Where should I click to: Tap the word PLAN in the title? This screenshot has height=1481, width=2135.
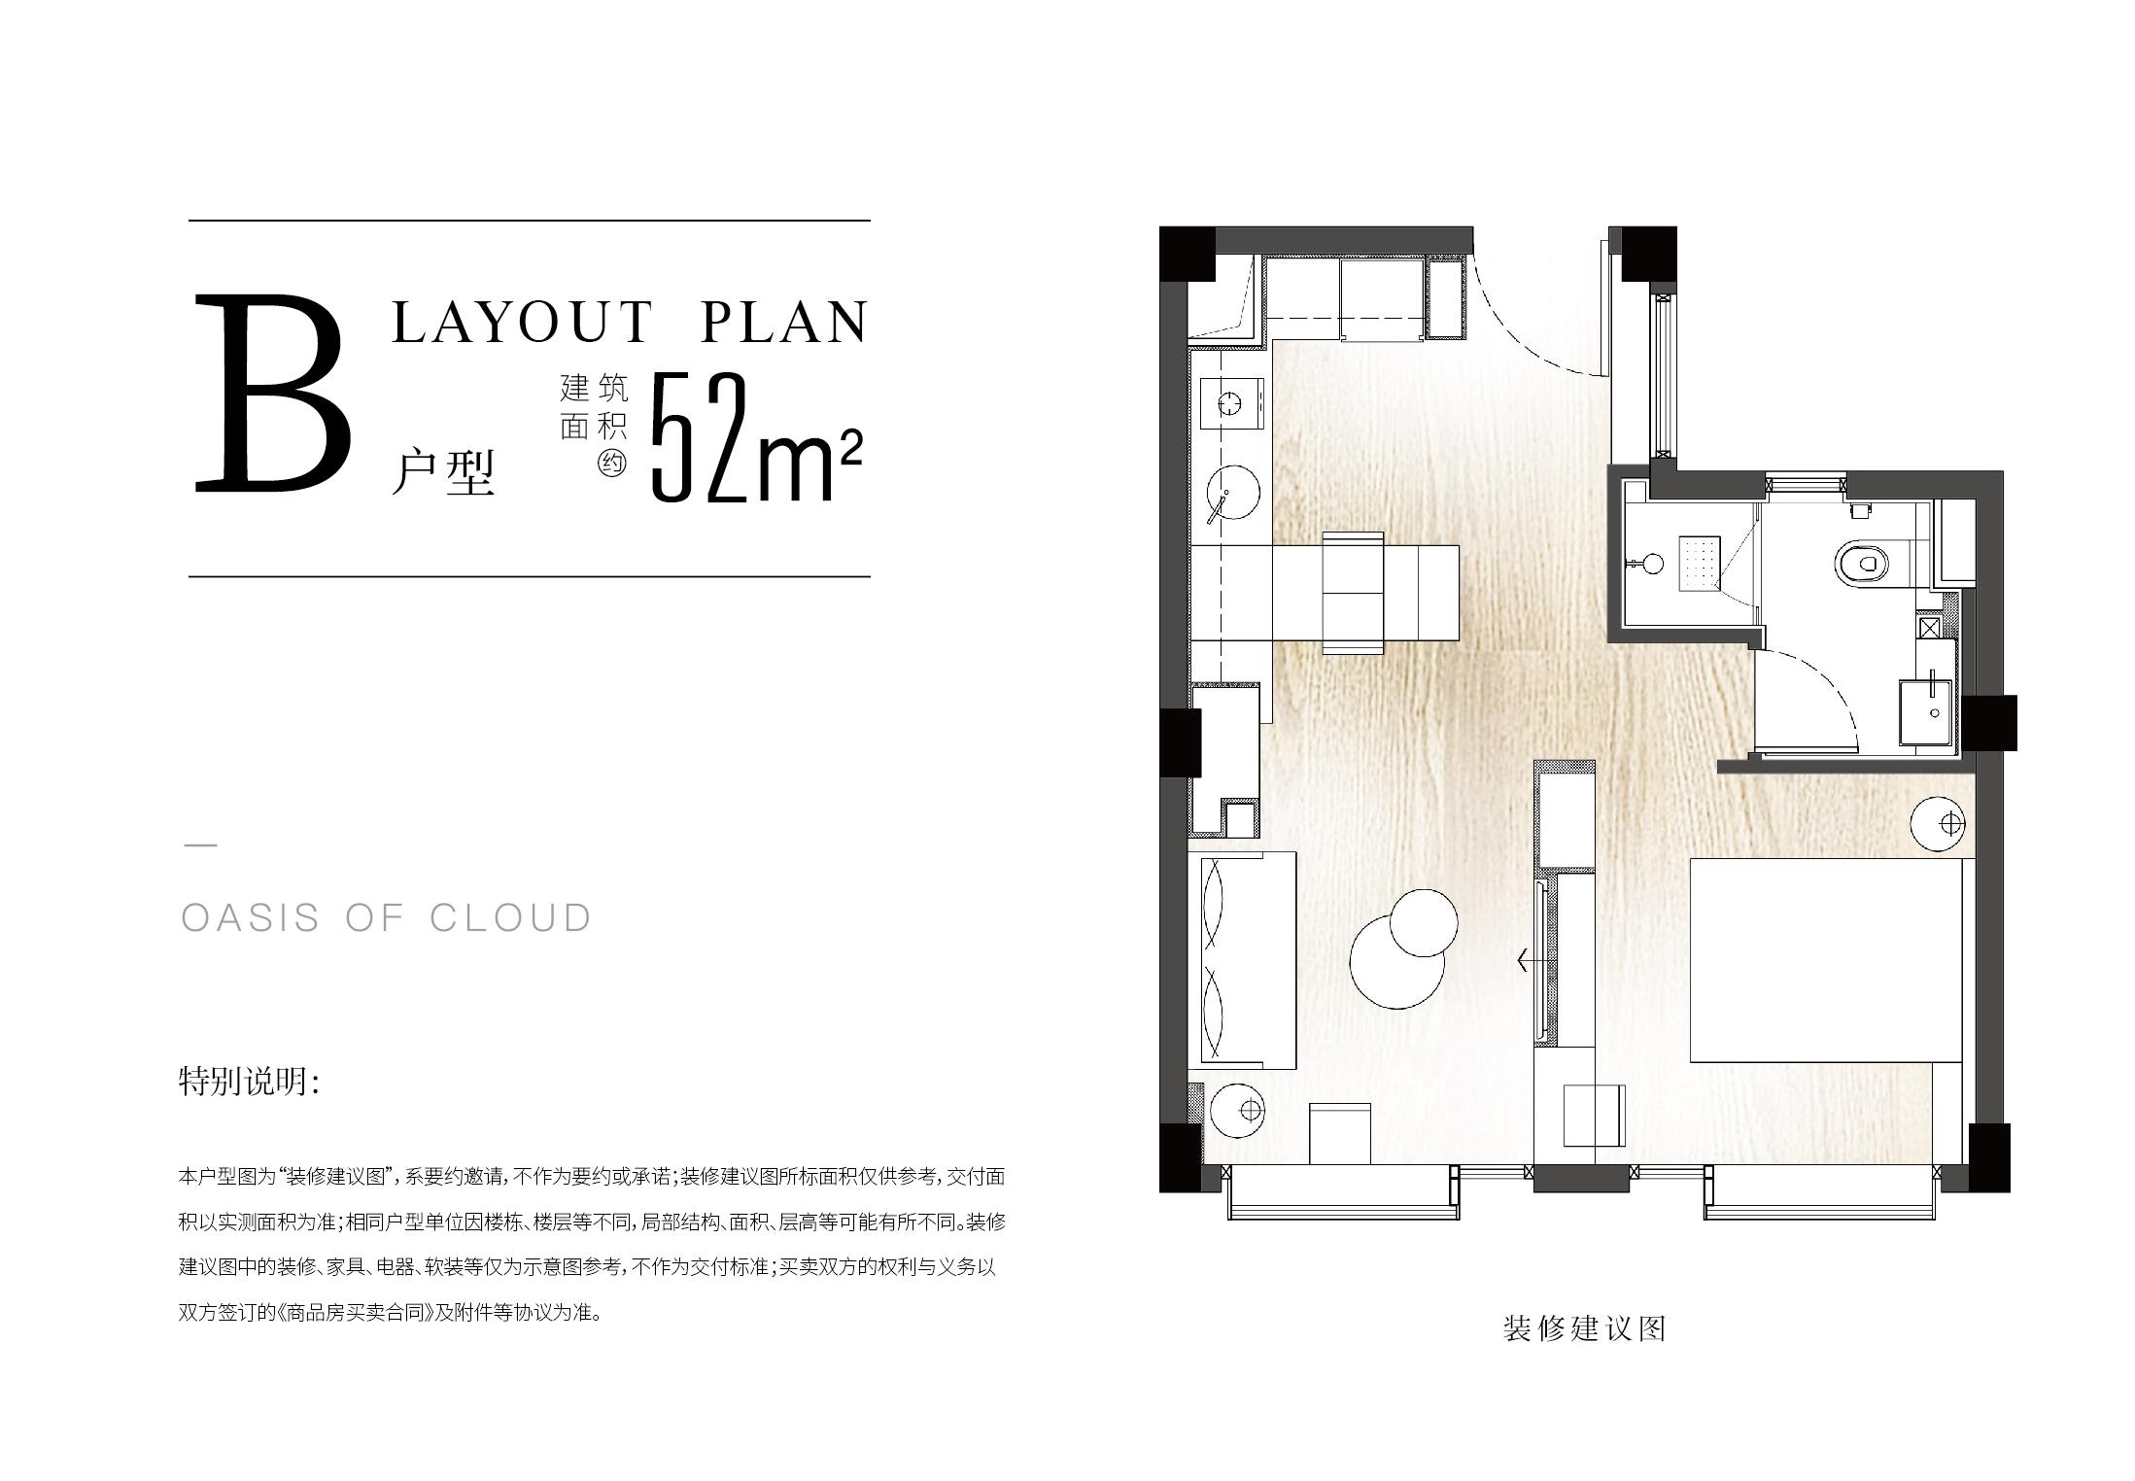click(782, 322)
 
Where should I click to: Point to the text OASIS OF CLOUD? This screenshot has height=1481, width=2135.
click(387, 918)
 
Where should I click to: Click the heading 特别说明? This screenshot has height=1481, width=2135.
click(249, 1082)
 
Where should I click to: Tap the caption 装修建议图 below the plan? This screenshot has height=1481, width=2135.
click(1584, 1328)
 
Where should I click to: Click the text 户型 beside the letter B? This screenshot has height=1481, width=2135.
click(443, 473)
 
